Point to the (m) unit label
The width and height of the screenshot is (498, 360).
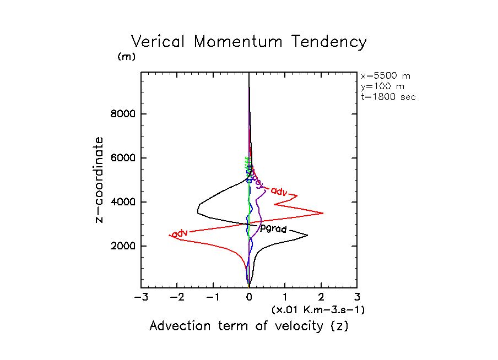(126, 57)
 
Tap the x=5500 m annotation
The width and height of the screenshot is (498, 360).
(385, 76)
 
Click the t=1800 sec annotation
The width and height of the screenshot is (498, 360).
(388, 97)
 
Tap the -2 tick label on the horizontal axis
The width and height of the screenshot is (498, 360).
(176, 298)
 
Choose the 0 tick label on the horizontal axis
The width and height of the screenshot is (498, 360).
(249, 298)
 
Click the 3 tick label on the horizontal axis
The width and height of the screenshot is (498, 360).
(357, 298)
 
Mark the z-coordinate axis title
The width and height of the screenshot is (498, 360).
(100, 179)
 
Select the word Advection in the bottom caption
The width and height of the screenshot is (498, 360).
(179, 326)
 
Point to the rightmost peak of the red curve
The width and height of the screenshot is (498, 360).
(323, 213)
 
